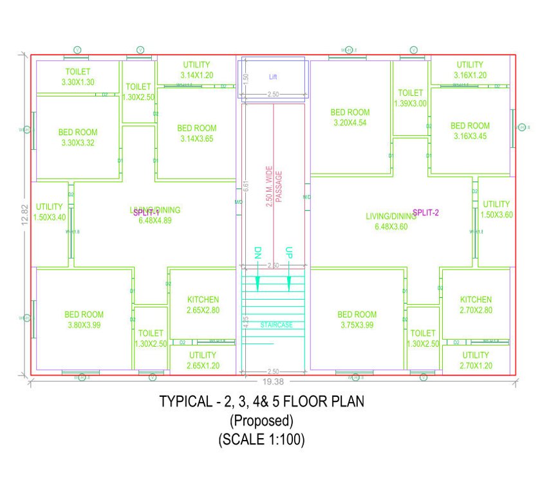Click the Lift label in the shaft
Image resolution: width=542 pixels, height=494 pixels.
tap(273, 77)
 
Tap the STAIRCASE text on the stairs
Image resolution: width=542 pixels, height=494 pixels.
tap(276, 325)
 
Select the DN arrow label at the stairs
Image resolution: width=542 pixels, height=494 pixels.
tap(257, 252)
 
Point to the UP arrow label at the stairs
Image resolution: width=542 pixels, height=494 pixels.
tap(289, 252)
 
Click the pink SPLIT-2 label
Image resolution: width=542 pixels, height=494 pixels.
tap(425, 212)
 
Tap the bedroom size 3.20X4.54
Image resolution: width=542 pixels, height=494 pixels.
tap(350, 122)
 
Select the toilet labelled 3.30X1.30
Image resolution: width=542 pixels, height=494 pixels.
tap(78, 82)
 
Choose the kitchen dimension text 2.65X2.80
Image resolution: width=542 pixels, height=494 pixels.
tap(203, 310)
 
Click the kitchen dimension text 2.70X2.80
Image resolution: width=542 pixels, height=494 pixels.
tap(476, 310)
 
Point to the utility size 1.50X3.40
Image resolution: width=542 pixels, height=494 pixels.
tap(50, 217)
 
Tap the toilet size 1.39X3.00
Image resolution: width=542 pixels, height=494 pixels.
tap(411, 103)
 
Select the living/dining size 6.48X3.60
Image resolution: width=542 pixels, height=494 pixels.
tap(391, 226)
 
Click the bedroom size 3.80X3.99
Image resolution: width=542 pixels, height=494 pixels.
tap(84, 325)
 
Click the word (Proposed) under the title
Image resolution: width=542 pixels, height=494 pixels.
tap(261, 421)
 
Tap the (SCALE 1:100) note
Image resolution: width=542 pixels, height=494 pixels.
tap(261, 440)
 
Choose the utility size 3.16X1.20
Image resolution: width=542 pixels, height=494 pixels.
tap(470, 75)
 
